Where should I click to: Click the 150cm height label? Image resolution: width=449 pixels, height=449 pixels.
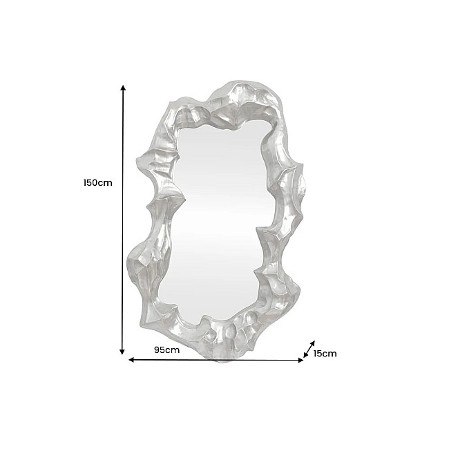pyautogui.click(x=97, y=184)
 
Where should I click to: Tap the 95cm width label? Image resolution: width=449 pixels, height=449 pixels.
pyautogui.click(x=166, y=350)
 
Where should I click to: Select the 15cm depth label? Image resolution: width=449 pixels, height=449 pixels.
pyautogui.click(x=325, y=354)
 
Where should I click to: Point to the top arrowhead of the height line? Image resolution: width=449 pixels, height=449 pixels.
pyautogui.click(x=123, y=88)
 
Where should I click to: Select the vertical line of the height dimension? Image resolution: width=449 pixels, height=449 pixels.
pyautogui.click(x=123, y=221)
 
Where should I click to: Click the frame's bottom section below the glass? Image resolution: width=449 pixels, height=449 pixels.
pyautogui.click(x=221, y=338)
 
